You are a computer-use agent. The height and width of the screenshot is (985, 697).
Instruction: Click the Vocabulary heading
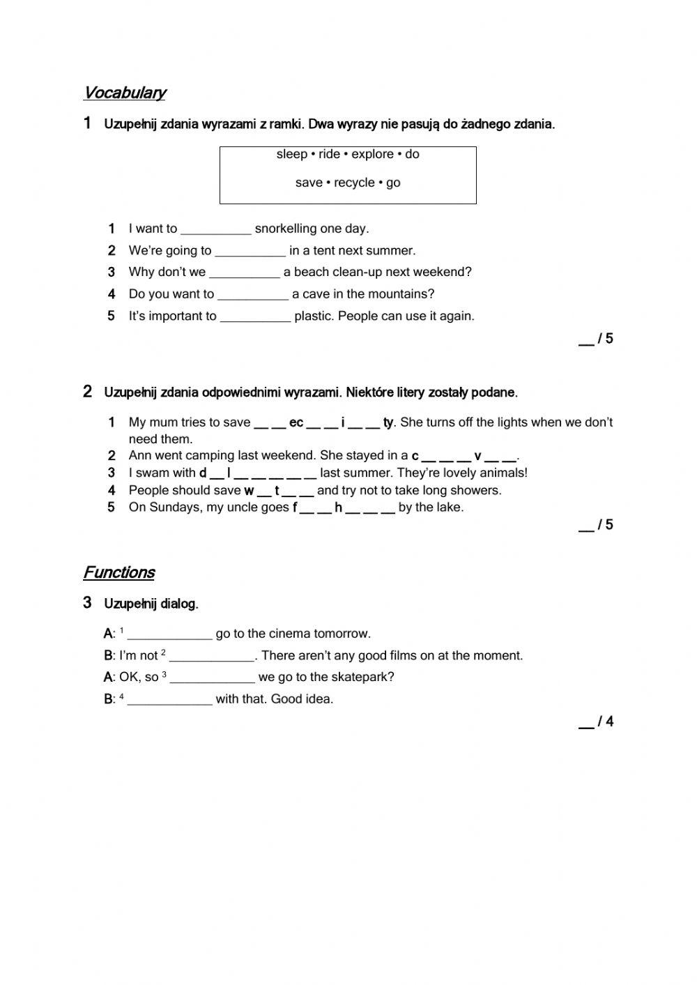(x=125, y=93)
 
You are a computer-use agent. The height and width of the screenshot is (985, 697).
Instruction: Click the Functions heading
(x=118, y=572)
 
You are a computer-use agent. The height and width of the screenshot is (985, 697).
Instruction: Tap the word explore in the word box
(x=372, y=154)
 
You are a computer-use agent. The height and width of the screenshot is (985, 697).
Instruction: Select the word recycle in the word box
(x=354, y=183)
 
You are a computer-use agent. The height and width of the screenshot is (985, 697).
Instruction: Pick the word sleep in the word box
(x=291, y=154)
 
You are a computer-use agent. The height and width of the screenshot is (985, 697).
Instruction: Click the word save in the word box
(x=308, y=183)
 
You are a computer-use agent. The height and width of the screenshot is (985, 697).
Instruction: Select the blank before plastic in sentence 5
(x=255, y=317)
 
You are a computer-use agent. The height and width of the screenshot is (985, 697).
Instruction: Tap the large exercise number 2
(x=87, y=391)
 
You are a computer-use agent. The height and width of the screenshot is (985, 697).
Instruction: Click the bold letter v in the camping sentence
(x=477, y=456)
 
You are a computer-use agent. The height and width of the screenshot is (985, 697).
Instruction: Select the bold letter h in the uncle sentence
(x=338, y=507)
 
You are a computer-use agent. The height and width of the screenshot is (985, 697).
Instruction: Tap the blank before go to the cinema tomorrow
(x=169, y=635)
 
